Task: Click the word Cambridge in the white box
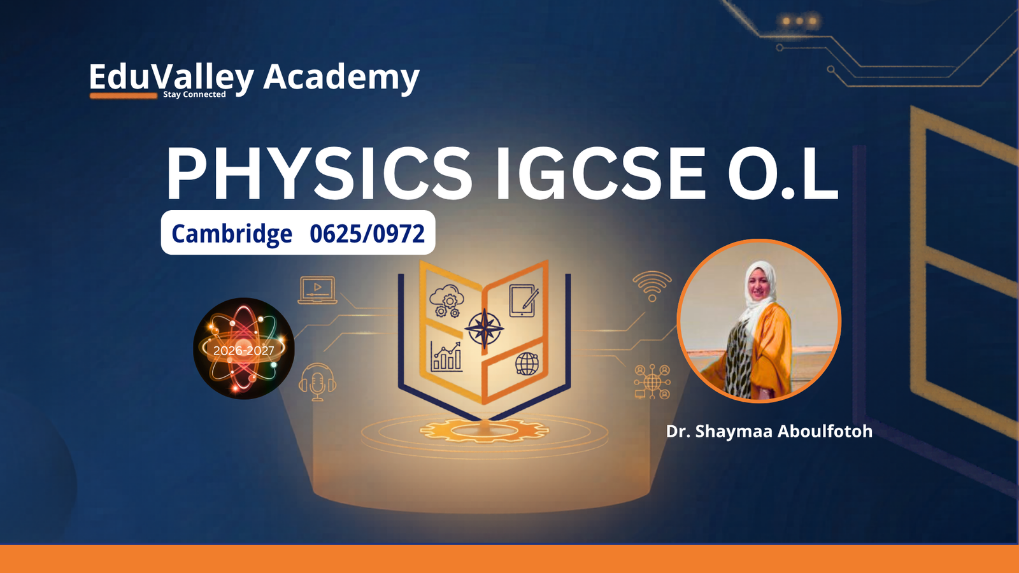(x=232, y=234)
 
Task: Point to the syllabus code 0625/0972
(x=367, y=234)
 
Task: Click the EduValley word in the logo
(x=171, y=77)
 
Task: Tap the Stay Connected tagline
(x=194, y=94)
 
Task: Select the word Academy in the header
(x=341, y=76)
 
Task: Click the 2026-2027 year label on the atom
(x=243, y=351)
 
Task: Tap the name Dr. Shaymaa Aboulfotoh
(x=769, y=431)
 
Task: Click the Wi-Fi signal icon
(x=652, y=286)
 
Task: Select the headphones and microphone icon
(x=318, y=382)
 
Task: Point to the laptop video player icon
(x=317, y=290)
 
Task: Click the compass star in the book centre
(x=485, y=328)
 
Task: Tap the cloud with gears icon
(x=446, y=301)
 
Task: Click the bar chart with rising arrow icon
(x=446, y=357)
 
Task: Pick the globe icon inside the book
(x=527, y=364)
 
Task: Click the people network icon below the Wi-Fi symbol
(x=652, y=381)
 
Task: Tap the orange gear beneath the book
(x=484, y=430)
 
